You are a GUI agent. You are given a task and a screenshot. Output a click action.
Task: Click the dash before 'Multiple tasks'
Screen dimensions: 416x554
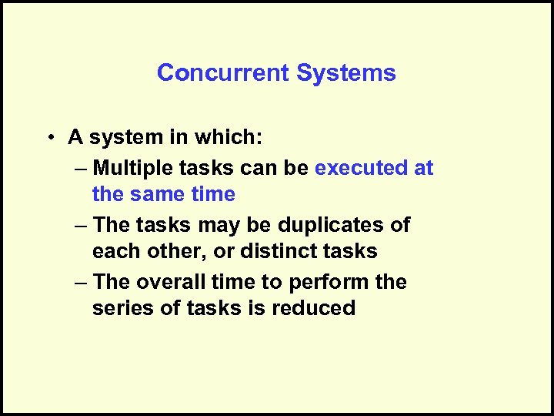pyautogui.click(x=82, y=169)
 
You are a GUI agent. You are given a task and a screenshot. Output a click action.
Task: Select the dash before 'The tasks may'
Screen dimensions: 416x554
pyautogui.click(x=82, y=226)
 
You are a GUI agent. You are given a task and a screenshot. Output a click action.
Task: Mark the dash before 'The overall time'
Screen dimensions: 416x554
pyautogui.click(x=82, y=283)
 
